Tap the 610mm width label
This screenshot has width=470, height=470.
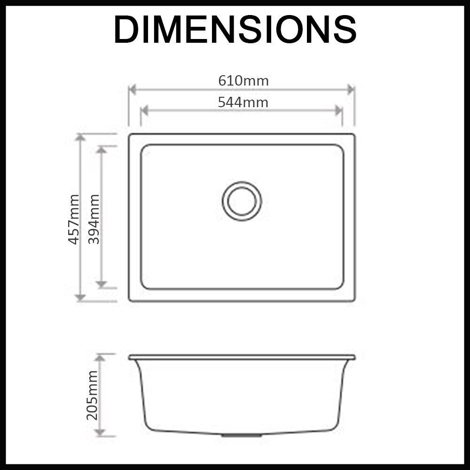pos(243,81)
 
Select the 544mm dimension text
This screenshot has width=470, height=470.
pos(243,102)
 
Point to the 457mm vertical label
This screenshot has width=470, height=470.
pos(74,219)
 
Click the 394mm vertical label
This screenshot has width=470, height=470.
pos(94,219)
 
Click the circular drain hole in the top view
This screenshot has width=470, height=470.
pos(242,201)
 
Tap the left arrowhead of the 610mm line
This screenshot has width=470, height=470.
pos(132,89)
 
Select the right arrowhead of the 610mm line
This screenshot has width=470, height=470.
pos(351,89)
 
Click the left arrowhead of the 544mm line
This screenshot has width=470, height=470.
pos(144,110)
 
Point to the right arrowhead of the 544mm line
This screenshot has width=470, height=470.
pos(338,110)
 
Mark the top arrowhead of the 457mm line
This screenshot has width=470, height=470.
pos(81,137)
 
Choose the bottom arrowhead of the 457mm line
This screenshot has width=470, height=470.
pos(81,298)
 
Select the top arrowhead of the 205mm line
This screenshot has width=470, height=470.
pos(100,358)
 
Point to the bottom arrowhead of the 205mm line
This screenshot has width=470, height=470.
pos(100,432)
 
